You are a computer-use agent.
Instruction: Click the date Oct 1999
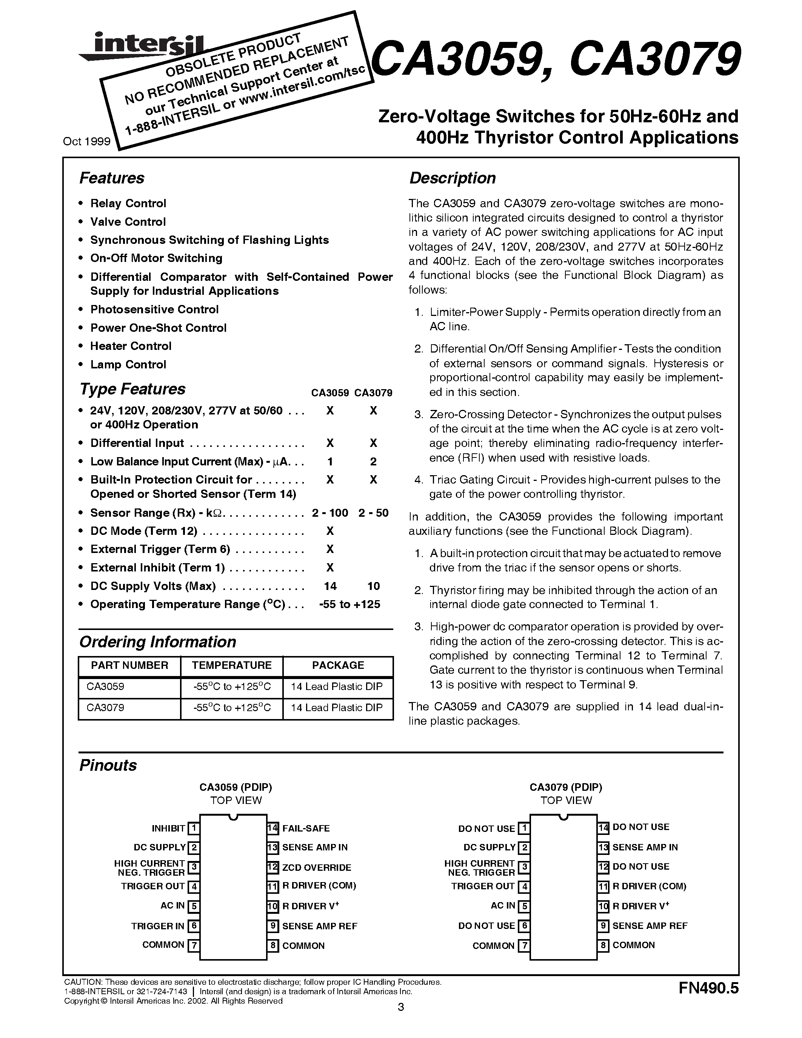coord(86,141)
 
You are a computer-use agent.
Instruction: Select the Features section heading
coord(112,178)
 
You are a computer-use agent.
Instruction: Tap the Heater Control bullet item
coord(131,346)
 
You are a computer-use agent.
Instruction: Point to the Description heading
coord(452,178)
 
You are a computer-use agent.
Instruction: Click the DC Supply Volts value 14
coord(330,586)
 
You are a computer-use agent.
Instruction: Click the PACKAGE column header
coord(338,665)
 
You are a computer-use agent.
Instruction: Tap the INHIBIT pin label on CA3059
coord(168,829)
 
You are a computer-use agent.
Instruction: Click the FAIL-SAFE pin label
coord(306,829)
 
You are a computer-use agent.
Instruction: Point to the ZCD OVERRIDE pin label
coord(316,867)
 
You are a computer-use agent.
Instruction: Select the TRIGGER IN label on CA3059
coord(158,926)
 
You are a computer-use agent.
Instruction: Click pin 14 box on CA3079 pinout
coord(603,828)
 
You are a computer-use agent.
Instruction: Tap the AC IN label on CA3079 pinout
coord(503,906)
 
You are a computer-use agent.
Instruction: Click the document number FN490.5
coord(708,989)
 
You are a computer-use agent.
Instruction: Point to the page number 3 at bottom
coord(400,1007)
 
